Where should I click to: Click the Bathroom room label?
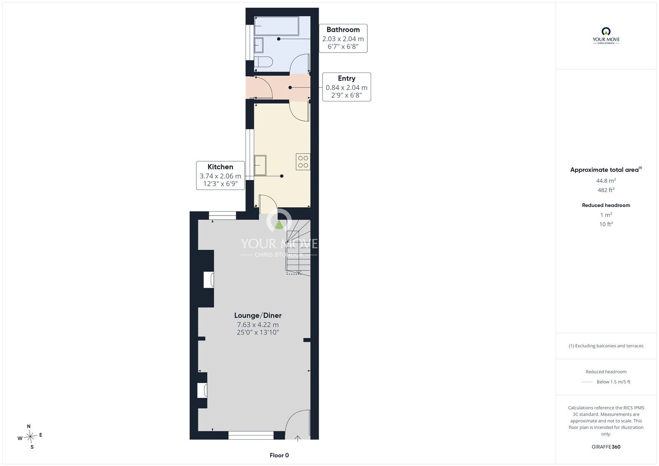pos(343,30)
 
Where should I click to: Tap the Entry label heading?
pos(346,78)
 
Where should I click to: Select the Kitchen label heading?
pos(220,167)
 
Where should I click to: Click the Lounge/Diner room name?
pos(258,315)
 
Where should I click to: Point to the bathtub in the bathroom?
pos(276,26)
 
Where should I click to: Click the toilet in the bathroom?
pos(263,62)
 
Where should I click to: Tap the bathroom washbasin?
pos(259,45)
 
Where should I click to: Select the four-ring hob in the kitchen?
pos(303,162)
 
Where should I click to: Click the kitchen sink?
pos(260,166)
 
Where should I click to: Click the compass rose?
pos(30,436)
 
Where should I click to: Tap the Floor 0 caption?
pos(279,455)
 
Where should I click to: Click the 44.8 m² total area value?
pos(606,180)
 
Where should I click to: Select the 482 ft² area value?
pos(606,190)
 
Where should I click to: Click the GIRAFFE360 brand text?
pos(606,447)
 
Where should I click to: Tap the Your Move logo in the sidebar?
pos(606,35)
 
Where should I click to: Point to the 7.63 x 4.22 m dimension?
pos(258,325)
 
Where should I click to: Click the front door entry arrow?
pos(298,439)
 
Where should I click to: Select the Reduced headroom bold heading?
pos(606,205)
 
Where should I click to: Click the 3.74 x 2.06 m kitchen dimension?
pos(220,176)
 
